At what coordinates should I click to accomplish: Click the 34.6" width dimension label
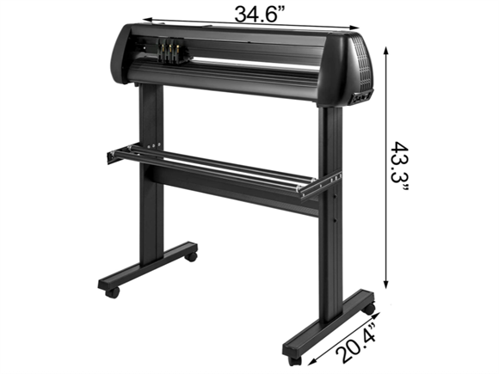pyautogui.click(x=259, y=15)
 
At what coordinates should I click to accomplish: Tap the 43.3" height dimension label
pyautogui.click(x=399, y=166)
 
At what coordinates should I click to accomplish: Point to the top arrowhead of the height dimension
pyautogui.click(x=386, y=51)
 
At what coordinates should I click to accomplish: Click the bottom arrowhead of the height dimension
pyautogui.click(x=386, y=285)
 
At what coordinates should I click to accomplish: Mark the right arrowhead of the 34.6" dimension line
pyautogui.click(x=354, y=28)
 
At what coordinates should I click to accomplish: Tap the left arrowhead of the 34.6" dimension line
pyautogui.click(x=148, y=20)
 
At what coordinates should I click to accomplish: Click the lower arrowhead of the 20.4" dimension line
pyautogui.click(x=311, y=361)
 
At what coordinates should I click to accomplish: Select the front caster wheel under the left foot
pyautogui.click(x=112, y=292)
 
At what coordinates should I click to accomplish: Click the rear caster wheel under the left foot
pyautogui.click(x=191, y=256)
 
